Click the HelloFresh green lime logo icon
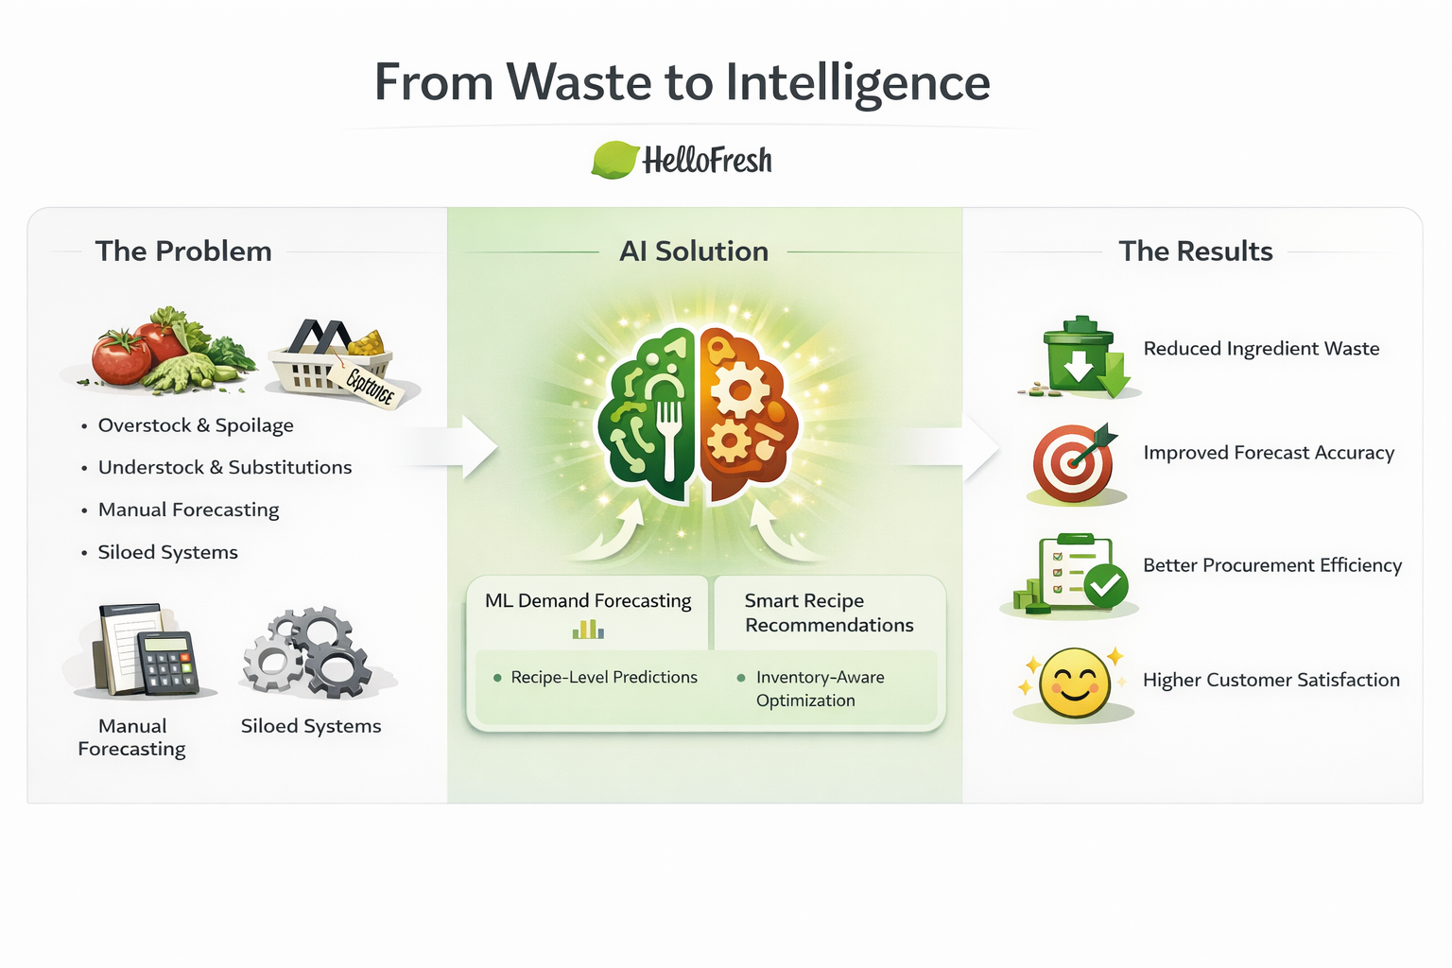pos(614,160)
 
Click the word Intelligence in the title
pos(857,83)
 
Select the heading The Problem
pos(183,251)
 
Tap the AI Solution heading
pos(694,251)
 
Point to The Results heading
pos(1196,251)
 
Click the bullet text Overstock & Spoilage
pos(196,425)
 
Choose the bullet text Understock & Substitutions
pos(225,467)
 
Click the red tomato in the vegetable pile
pos(120,358)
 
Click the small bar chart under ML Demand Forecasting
pos(588,629)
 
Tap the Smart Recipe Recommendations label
pos(828,613)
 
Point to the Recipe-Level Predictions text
pos(604,678)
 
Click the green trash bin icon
pos(1080,357)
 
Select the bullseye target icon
pos(1073,463)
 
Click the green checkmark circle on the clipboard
pos(1105,587)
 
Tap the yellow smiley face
pos(1074,683)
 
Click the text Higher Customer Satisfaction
pos(1271,680)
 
